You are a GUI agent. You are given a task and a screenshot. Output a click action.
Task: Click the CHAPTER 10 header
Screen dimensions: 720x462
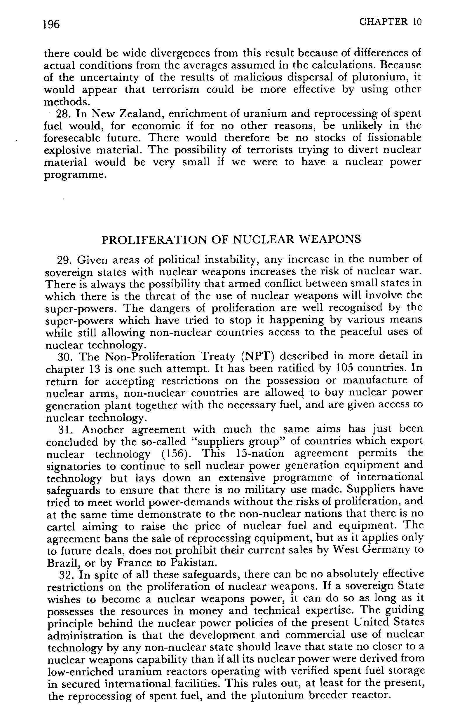(390, 22)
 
